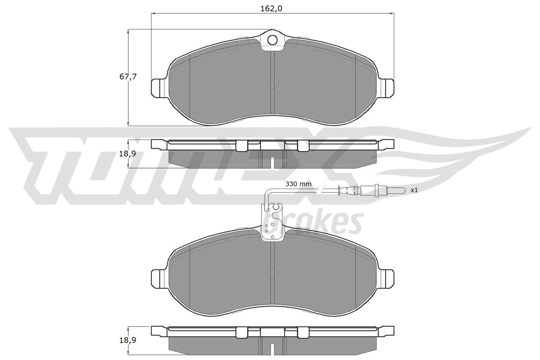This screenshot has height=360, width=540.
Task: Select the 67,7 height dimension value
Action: coord(128,77)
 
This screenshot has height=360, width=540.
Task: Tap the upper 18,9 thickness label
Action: coord(128,154)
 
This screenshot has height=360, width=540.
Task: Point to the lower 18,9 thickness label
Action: coord(128,340)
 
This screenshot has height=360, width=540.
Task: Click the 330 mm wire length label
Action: coord(298,184)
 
